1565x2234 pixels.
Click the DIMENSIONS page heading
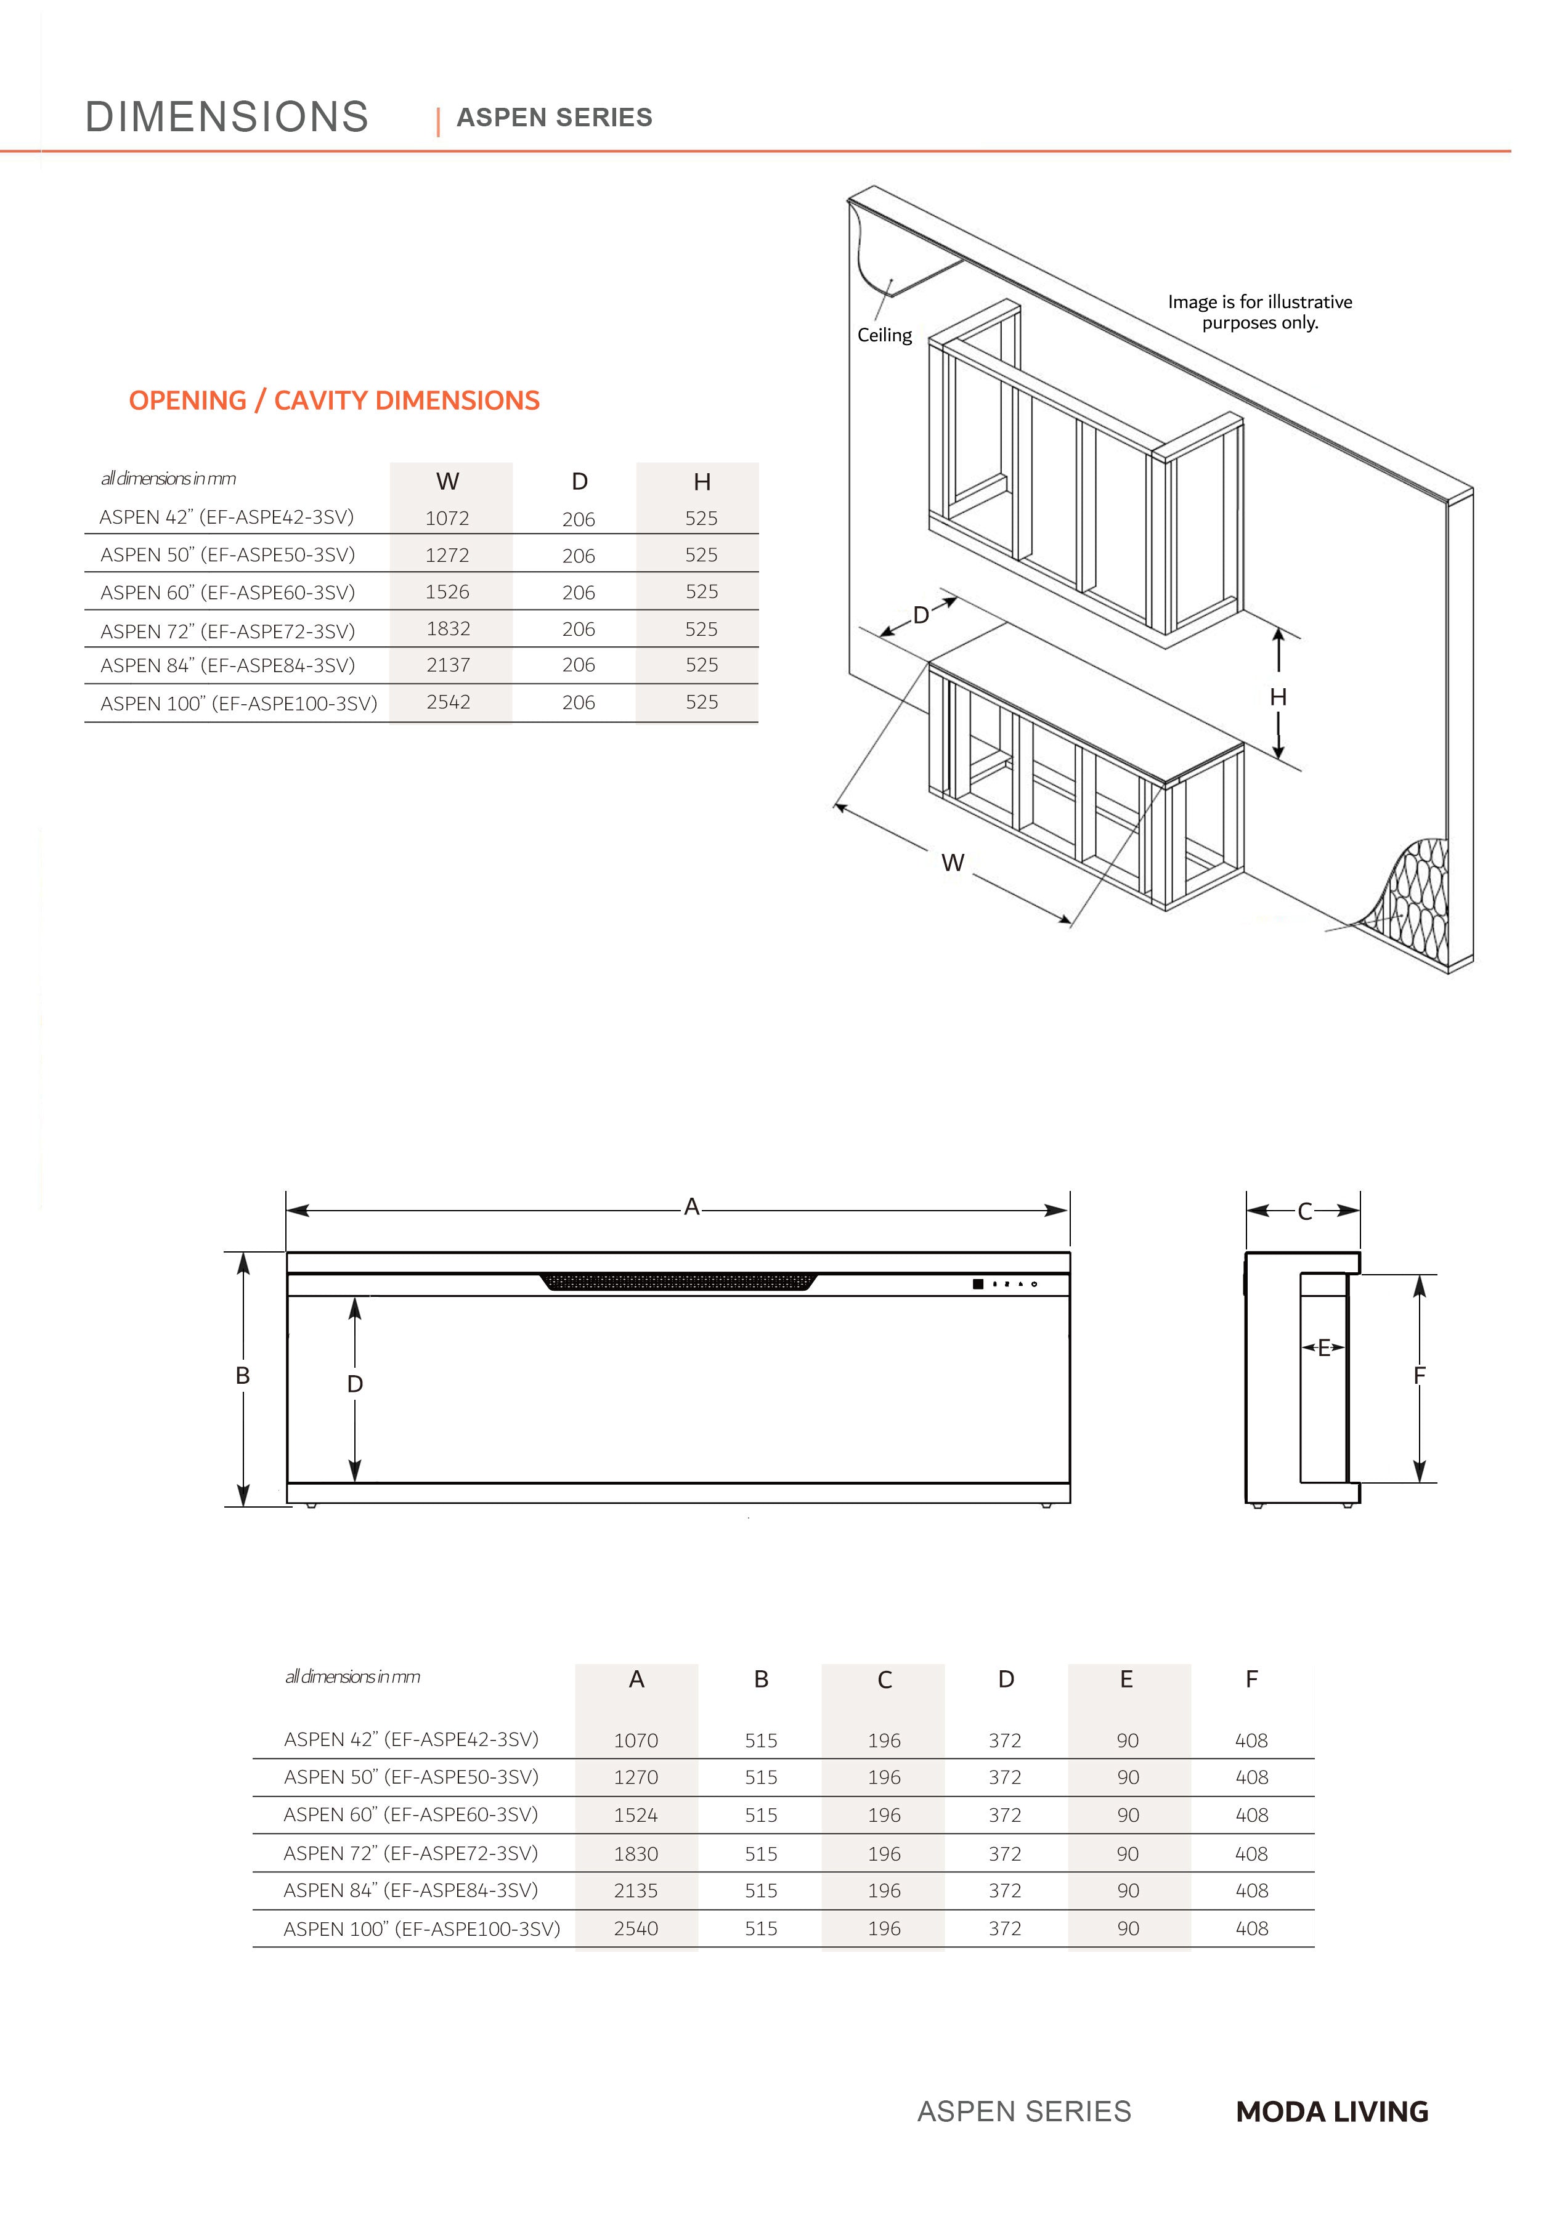pos(227,117)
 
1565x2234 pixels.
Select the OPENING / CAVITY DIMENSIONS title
pos(334,401)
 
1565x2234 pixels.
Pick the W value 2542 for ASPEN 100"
pos(448,702)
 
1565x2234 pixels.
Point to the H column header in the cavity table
pos(702,482)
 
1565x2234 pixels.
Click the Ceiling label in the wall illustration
pos(884,335)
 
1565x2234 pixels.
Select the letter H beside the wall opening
pos(1278,697)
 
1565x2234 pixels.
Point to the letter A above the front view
pos(691,1208)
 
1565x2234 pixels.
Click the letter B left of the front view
pos(242,1376)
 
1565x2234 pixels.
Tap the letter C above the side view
pos(1305,1211)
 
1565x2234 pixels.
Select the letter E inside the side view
pos(1323,1347)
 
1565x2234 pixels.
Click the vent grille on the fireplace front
pos(678,1282)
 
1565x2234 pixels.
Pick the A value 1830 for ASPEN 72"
pos(635,1854)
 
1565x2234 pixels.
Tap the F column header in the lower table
pos(1251,1680)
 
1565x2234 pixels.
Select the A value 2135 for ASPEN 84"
pos(635,1891)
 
